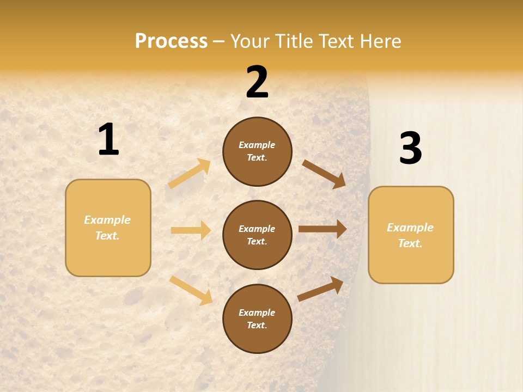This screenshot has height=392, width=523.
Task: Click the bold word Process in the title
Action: coord(171,41)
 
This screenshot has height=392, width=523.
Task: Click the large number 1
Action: coord(108,139)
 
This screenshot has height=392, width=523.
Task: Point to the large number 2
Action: coord(257,83)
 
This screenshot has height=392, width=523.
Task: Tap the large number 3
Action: coord(410,149)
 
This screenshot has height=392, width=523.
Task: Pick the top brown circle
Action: coord(257,151)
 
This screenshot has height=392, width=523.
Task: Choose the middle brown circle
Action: coord(257,235)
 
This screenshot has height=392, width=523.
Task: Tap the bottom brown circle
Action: coord(257,318)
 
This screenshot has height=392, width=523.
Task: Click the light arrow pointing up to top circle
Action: coord(190,174)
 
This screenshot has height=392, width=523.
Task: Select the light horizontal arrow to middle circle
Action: coord(191,230)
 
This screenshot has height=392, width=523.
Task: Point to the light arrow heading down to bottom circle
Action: coord(191,290)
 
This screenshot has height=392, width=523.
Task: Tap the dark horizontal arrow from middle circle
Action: coord(323,229)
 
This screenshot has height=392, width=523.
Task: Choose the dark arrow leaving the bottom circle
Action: coord(321,289)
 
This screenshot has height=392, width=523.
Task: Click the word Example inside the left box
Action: coord(107,220)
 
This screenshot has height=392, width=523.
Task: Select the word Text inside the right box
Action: coord(410,243)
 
